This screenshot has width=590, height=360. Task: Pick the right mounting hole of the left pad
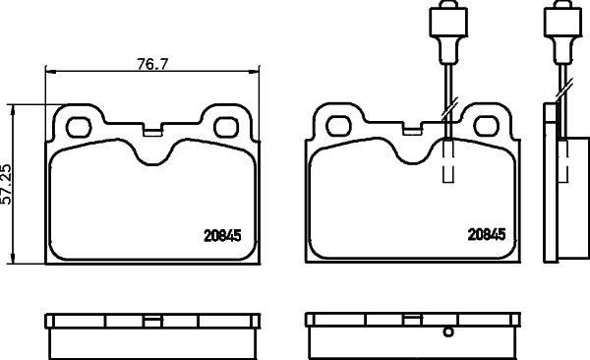tap(226, 125)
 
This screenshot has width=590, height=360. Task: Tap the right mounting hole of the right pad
tap(487, 125)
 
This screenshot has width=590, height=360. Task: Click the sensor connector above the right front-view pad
tap(443, 23)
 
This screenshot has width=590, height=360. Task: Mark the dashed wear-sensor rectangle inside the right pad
tap(448, 160)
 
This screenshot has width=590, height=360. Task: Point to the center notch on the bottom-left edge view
tap(152, 319)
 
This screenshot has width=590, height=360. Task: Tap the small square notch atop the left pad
tap(152, 128)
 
